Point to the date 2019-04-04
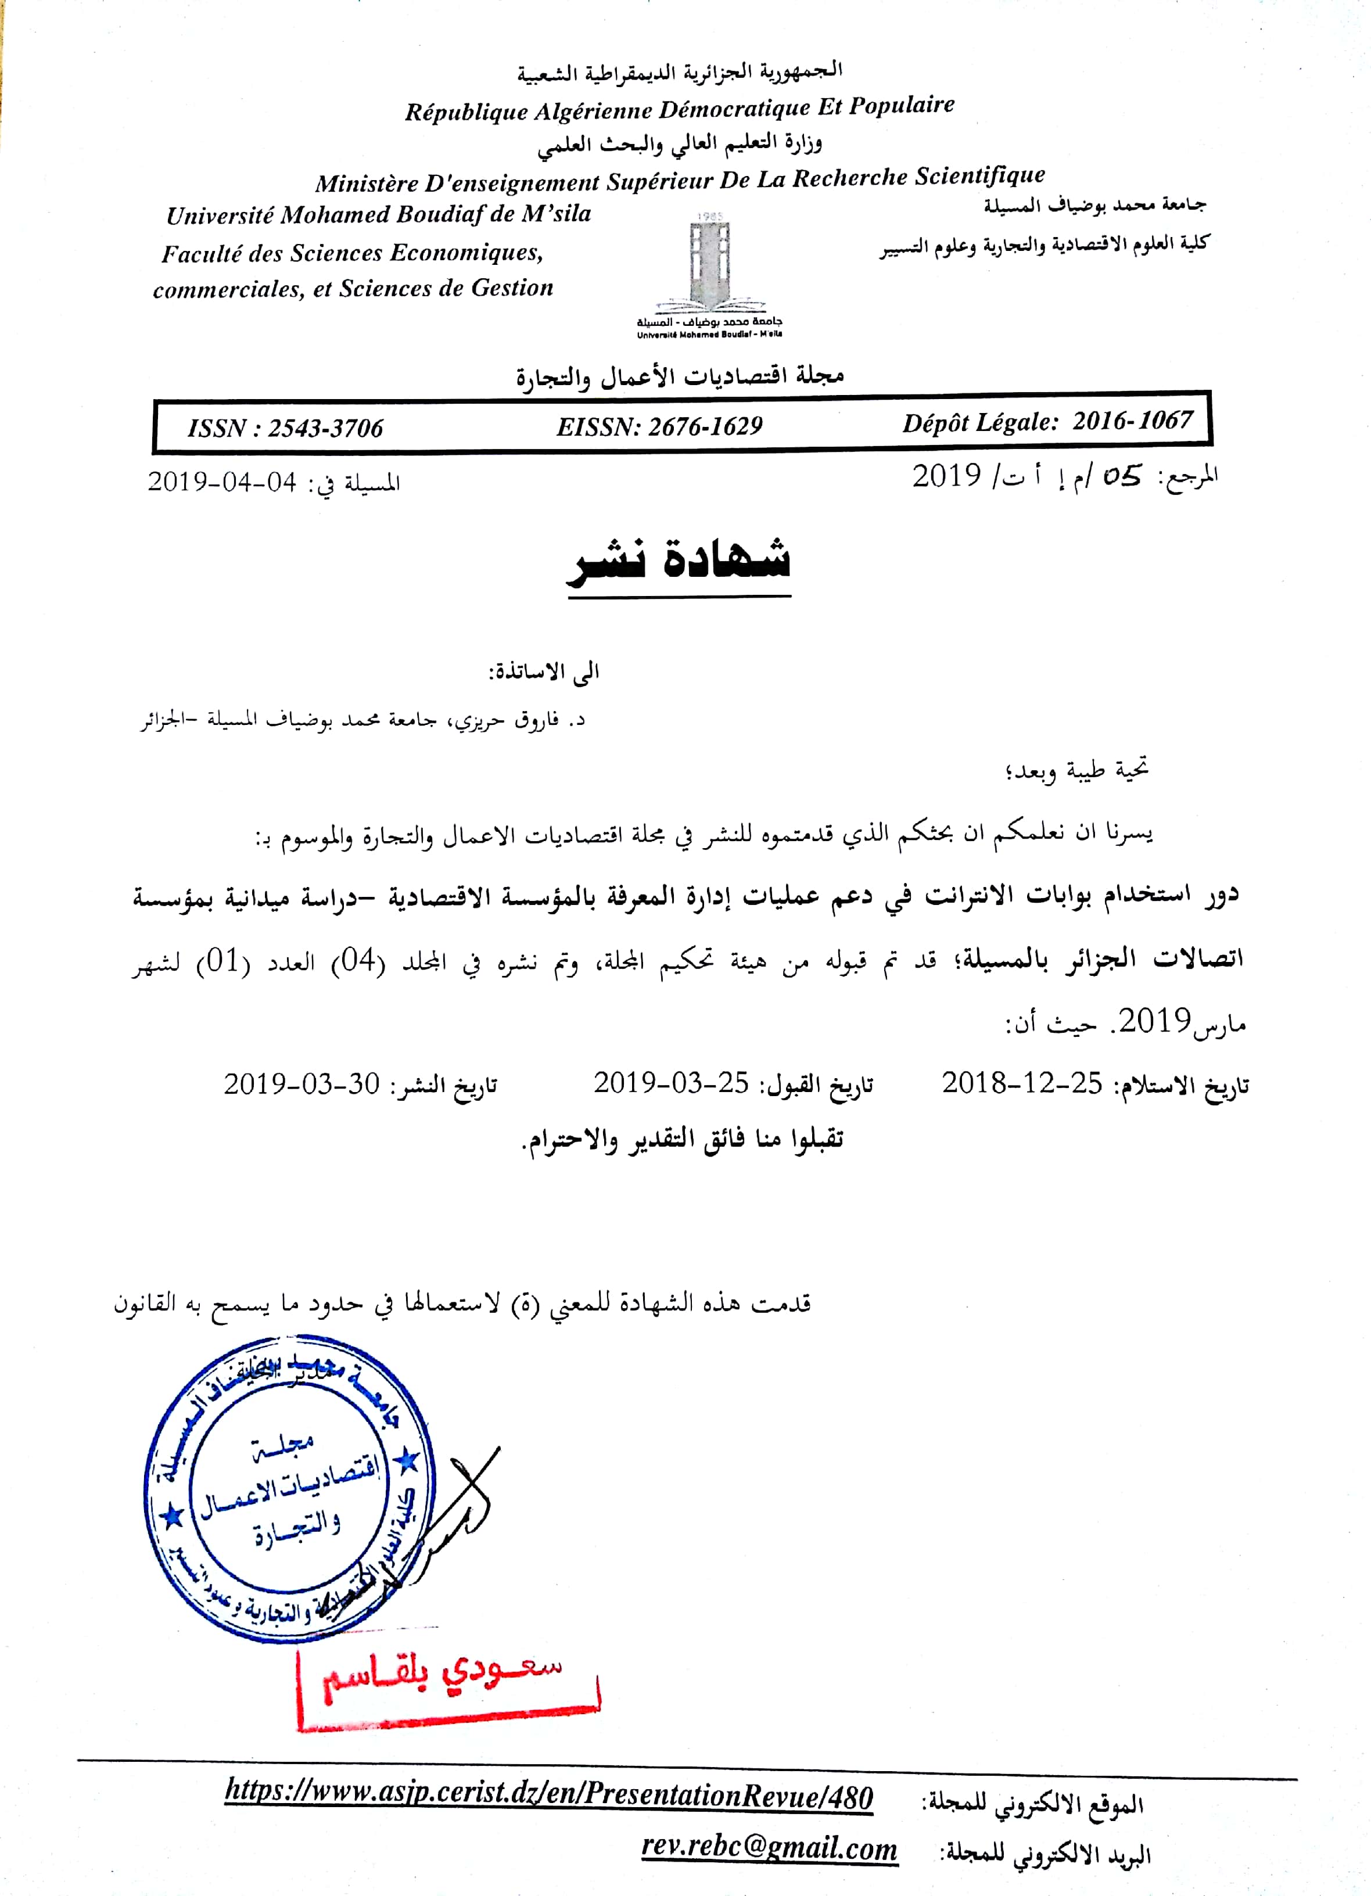222,482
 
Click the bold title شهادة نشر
679,560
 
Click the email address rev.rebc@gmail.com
769,1848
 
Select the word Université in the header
220,215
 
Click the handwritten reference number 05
1121,476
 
